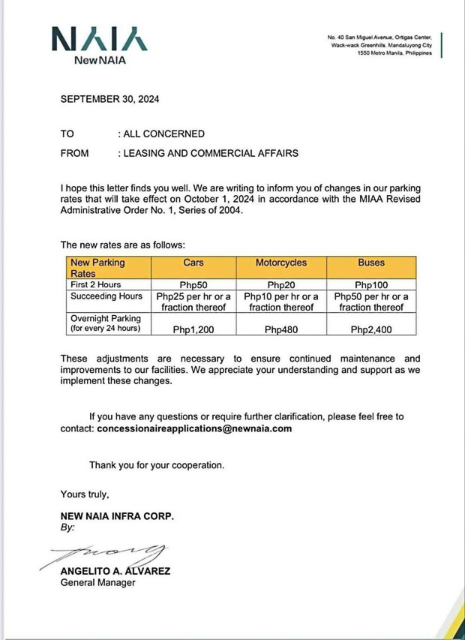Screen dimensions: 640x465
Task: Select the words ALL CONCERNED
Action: (161, 134)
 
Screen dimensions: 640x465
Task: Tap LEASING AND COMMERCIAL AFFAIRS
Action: (208, 154)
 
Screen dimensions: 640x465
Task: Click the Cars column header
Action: (194, 263)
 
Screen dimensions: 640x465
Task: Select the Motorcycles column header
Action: (280, 263)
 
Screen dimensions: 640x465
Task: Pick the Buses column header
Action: (370, 263)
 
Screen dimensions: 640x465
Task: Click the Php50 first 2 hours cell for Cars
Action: (194, 285)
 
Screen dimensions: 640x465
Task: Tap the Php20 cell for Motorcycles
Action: (280, 285)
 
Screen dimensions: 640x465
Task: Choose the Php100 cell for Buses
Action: (370, 285)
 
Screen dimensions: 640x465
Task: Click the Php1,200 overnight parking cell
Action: (194, 329)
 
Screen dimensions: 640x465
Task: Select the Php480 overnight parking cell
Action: (280, 329)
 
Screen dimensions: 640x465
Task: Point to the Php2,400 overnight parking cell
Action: (370, 329)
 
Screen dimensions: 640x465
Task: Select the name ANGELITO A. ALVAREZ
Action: (115, 571)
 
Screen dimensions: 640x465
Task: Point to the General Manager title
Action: (97, 582)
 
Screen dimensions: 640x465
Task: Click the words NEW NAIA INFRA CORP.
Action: (116, 516)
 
